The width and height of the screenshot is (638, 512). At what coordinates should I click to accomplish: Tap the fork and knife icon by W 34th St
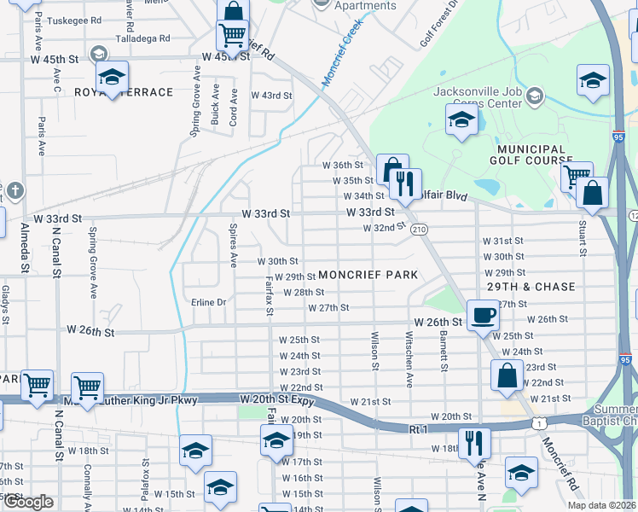pos(405,183)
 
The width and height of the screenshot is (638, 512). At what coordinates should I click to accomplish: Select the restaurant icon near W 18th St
pos(473,444)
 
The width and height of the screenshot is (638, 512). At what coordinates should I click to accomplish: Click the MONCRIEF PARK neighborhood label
pos(368,275)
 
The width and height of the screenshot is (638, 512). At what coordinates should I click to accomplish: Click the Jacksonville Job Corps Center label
pos(478,98)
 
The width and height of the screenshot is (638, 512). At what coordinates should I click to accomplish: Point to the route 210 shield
pos(419,230)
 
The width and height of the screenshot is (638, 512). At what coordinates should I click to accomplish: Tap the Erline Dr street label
pos(208,302)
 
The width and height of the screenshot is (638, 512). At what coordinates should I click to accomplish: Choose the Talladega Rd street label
pos(142,38)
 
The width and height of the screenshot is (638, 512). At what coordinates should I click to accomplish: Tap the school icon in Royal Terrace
pos(112,78)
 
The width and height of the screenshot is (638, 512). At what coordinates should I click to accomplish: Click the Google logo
pos(28,502)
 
